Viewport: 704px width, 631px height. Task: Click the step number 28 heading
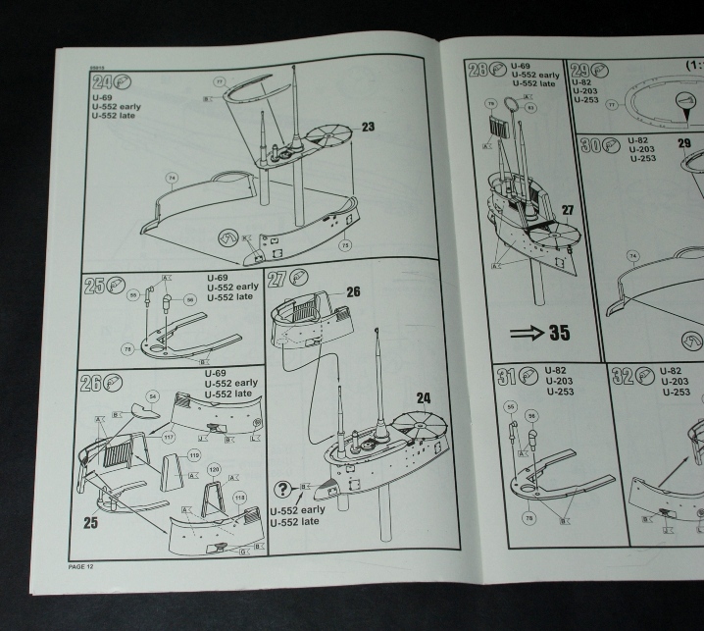pyautogui.click(x=478, y=71)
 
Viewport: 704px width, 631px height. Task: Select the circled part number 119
pyautogui.click(x=194, y=455)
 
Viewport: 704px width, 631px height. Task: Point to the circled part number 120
pyautogui.click(x=215, y=470)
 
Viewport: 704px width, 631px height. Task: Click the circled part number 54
pyautogui.click(x=152, y=396)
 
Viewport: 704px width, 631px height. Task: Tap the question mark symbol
pyautogui.click(x=283, y=490)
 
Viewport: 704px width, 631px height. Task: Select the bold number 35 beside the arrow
pyautogui.click(x=559, y=333)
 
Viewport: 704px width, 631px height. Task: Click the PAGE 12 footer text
pyautogui.click(x=81, y=566)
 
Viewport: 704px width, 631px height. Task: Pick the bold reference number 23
pyautogui.click(x=368, y=127)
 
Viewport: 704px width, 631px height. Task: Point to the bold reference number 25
pyautogui.click(x=90, y=523)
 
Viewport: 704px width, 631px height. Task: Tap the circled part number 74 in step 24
pyautogui.click(x=171, y=178)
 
